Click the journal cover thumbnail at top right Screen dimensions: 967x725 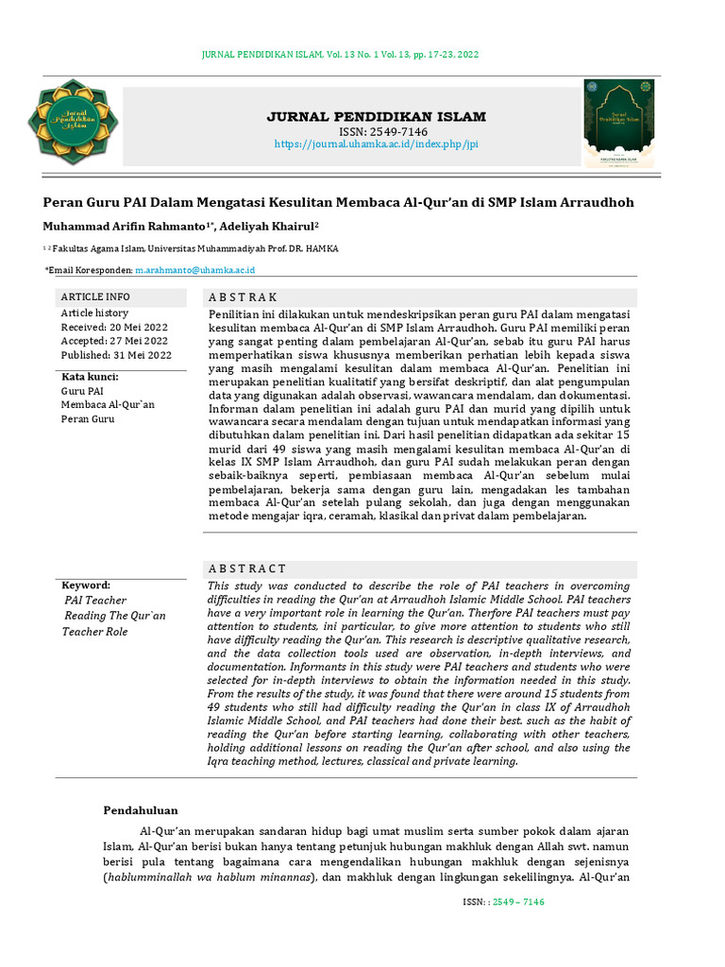coord(619,123)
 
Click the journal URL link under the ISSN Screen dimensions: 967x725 coord(377,144)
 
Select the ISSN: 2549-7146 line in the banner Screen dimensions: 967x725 coord(377,131)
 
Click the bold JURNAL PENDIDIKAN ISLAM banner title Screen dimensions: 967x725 coord(377,117)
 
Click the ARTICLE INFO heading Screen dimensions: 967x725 coord(95,297)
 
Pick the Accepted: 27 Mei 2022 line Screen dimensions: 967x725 coord(114,341)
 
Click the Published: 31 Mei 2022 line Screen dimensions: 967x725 coord(116,355)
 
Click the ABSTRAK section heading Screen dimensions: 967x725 coord(243,297)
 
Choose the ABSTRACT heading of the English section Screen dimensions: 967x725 coord(246,568)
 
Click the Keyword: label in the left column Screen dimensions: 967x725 coord(86,585)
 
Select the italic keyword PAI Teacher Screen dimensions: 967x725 coord(95,601)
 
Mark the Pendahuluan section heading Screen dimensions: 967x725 coord(140,809)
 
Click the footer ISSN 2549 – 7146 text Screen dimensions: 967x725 coord(503,902)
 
